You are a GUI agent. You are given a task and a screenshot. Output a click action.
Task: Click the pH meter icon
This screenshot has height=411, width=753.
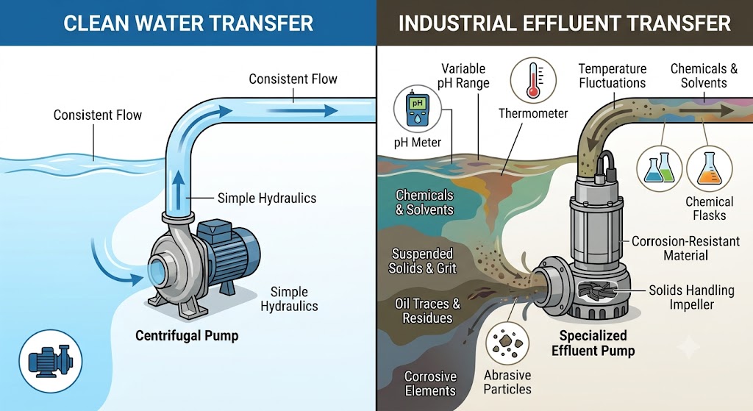tap(417, 110)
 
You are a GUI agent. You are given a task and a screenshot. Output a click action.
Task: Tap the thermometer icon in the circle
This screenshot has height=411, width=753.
tap(533, 81)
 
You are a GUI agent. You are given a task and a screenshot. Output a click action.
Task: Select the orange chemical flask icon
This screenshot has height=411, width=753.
tap(710, 169)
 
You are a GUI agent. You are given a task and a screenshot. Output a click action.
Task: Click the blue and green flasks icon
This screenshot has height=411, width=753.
tap(660, 169)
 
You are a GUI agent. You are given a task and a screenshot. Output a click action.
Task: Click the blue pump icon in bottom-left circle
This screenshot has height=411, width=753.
tap(51, 361)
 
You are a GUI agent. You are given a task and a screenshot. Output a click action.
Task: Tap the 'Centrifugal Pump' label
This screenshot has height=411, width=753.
tap(187, 335)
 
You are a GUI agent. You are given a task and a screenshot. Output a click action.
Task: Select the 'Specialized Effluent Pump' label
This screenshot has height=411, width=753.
tap(593, 343)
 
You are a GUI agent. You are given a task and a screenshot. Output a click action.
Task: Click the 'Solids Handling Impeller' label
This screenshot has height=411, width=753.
tap(691, 297)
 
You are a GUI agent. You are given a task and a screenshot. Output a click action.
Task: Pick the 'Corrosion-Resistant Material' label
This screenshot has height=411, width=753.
tap(686, 248)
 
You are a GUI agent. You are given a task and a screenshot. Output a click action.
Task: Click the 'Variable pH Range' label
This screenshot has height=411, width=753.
tap(463, 76)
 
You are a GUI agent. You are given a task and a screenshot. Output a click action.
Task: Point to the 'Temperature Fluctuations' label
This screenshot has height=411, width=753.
tap(613, 76)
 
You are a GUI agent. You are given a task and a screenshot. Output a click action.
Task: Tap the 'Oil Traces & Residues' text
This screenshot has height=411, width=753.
tap(427, 311)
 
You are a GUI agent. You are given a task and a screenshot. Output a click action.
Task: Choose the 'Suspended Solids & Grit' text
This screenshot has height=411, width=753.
tap(423, 261)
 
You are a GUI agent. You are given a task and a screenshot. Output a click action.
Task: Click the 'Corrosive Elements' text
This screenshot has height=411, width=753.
tap(430, 384)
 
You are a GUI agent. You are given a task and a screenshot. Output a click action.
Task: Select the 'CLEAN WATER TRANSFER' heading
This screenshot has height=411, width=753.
tap(188, 23)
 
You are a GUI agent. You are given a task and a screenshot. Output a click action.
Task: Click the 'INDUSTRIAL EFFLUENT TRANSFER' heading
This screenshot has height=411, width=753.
tap(565, 23)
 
